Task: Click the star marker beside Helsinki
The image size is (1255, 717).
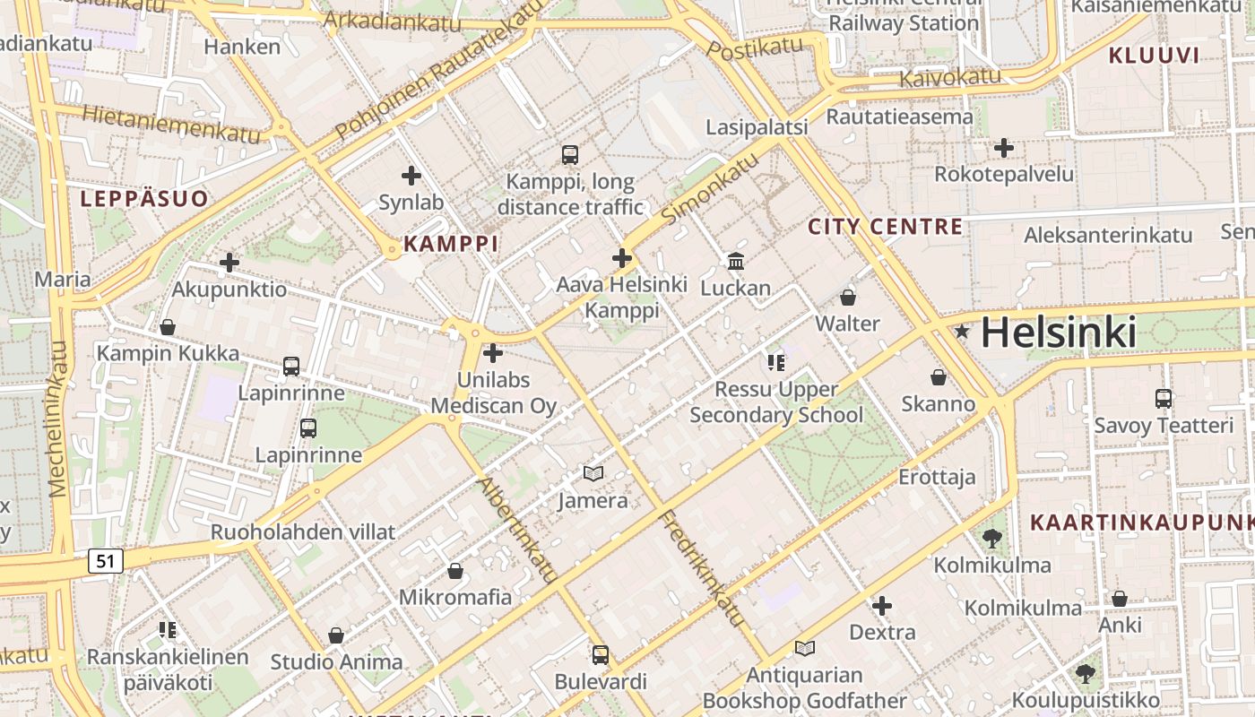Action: (x=963, y=332)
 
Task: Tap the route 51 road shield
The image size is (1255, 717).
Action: (x=106, y=561)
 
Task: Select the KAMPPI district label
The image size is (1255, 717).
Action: (x=450, y=243)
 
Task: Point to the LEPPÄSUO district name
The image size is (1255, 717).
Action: (x=144, y=198)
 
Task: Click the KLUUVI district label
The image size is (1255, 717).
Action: (x=1154, y=56)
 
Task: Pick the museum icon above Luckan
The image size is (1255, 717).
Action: (x=736, y=261)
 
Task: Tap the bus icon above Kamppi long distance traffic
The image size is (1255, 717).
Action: (x=570, y=154)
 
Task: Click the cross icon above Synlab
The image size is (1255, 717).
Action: (x=411, y=176)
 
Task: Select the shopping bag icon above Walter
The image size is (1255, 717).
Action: (x=848, y=297)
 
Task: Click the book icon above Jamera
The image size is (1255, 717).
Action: (x=593, y=473)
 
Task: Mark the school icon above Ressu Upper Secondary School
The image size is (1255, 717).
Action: (x=776, y=362)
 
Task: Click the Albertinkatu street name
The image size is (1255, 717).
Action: (x=519, y=530)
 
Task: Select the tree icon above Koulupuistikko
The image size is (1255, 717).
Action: (x=1086, y=673)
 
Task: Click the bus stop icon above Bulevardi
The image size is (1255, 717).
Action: (x=601, y=654)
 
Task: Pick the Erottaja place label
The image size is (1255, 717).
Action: (x=937, y=477)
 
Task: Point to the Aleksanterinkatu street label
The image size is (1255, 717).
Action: (x=1108, y=235)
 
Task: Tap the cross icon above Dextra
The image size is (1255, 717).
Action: (x=882, y=606)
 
